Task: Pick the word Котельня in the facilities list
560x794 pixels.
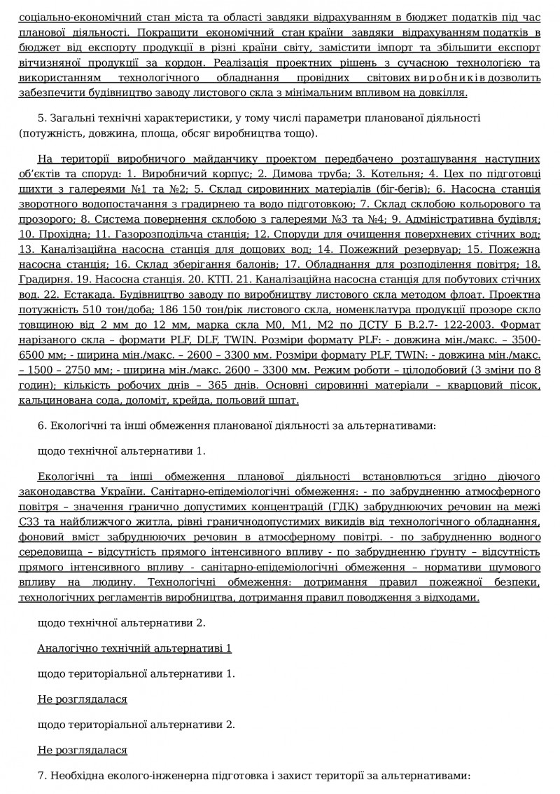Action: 382,172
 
